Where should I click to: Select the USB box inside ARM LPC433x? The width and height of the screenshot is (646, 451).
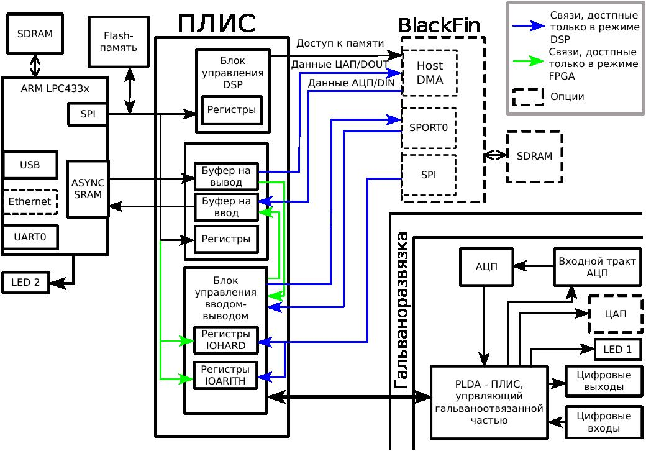click(30, 165)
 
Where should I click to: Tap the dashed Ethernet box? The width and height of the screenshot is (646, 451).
click(30, 202)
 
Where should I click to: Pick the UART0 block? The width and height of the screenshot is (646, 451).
click(30, 237)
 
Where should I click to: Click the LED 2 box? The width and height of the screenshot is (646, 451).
click(25, 283)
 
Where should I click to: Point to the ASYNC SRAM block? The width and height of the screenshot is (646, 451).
click(88, 189)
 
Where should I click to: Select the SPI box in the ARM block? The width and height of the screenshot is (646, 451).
click(88, 114)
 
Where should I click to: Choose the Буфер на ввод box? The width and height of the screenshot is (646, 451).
click(226, 207)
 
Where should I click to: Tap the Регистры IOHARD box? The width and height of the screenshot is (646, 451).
click(225, 340)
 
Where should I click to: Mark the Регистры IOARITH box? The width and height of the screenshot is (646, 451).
click(225, 375)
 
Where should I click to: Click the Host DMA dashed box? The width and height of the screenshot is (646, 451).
click(429, 73)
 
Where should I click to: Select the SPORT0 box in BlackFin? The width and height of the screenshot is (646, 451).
click(429, 128)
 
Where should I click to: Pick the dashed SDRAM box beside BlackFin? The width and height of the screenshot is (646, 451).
click(534, 157)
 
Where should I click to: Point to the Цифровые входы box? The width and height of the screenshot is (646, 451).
click(604, 422)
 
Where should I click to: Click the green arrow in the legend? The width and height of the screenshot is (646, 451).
click(528, 62)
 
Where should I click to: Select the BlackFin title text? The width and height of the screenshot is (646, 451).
click(439, 25)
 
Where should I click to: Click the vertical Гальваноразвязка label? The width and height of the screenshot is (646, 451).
click(403, 311)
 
